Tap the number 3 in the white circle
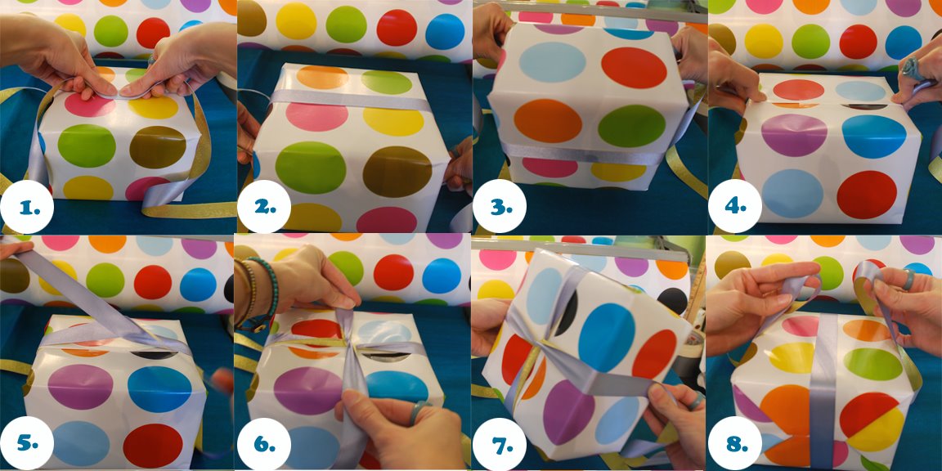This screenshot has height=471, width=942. [x=500, y=207]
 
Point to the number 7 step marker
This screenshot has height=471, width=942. [x=500, y=444]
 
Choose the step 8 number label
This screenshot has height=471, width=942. [x=735, y=444]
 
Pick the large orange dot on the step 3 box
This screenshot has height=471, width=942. [x=548, y=121]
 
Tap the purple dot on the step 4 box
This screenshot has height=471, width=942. [x=794, y=135]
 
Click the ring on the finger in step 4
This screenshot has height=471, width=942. [x=911, y=68]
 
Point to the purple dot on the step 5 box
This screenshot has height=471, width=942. [x=80, y=387]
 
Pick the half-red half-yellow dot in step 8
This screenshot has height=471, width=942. [x=872, y=422]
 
